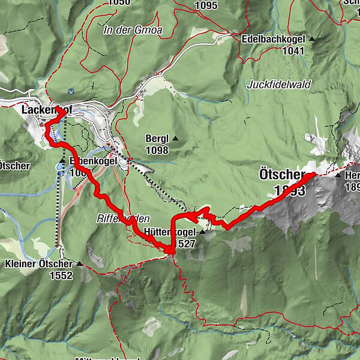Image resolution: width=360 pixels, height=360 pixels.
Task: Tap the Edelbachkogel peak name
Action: click(x=274, y=39)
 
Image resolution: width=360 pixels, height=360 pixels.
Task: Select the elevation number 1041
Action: click(x=291, y=51)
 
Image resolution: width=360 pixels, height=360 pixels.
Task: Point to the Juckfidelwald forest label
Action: click(x=279, y=85)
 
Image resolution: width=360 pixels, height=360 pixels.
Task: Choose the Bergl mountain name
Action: click(x=157, y=139)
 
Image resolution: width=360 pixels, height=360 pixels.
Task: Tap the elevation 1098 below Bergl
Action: click(x=157, y=150)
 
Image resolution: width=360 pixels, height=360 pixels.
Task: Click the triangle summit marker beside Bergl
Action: click(x=176, y=139)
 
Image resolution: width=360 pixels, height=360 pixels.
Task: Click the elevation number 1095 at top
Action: click(x=206, y=5)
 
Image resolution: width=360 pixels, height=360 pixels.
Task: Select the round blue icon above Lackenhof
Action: click(x=71, y=92)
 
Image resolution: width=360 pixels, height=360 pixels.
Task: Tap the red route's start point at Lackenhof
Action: click(x=62, y=111)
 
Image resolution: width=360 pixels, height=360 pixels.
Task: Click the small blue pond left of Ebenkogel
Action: click(x=61, y=167)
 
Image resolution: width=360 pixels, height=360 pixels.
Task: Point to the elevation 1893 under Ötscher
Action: click(x=289, y=190)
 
